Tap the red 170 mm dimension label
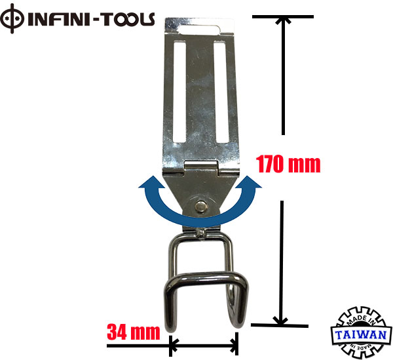[288, 164]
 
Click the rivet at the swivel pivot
[202, 206]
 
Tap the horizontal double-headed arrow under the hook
[204, 344]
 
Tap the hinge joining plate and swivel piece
[202, 168]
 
